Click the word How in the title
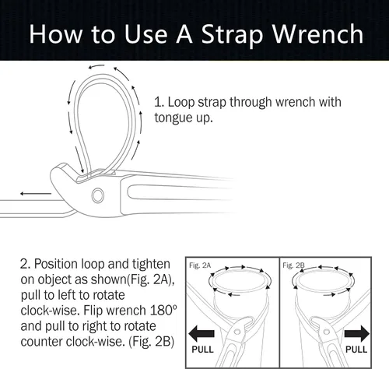56,33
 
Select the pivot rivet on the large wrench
98,195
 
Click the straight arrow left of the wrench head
36,194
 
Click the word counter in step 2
41,342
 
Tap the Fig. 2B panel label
293,265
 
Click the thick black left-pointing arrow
202,334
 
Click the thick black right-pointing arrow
356,334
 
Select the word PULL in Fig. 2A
202,350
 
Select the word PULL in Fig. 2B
356,350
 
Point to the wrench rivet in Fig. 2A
237,332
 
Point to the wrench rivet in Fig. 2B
327,332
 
